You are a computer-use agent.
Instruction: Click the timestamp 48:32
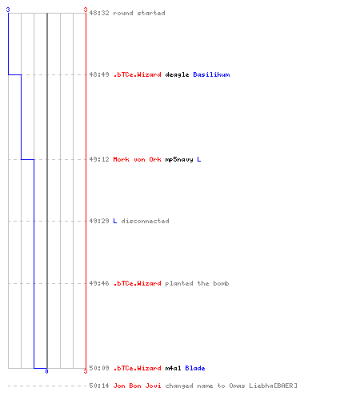(x=99, y=13)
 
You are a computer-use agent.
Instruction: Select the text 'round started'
(x=139, y=13)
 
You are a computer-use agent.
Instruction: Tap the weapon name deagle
(x=177, y=74)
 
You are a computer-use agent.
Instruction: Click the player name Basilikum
(x=211, y=74)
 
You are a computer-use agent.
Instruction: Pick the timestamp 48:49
(x=99, y=74)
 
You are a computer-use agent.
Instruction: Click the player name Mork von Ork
(x=137, y=159)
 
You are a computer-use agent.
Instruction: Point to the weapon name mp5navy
(x=179, y=160)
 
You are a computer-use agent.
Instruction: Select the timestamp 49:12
(x=99, y=159)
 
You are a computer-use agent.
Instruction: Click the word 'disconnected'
(x=145, y=221)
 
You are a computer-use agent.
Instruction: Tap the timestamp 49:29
(x=99, y=221)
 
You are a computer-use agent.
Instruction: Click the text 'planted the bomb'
(x=197, y=283)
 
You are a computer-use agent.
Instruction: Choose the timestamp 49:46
(x=99, y=283)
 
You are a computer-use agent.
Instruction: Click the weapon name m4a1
(x=173, y=368)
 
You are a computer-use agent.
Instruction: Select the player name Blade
(x=195, y=368)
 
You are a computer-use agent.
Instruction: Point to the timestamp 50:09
(x=99, y=368)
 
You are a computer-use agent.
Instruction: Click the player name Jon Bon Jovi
(x=137, y=386)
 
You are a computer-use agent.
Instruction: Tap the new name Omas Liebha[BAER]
(x=263, y=386)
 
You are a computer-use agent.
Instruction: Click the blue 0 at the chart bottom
(x=46, y=371)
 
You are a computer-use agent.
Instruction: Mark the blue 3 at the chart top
(x=8, y=10)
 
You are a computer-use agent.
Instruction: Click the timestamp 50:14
(x=99, y=386)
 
